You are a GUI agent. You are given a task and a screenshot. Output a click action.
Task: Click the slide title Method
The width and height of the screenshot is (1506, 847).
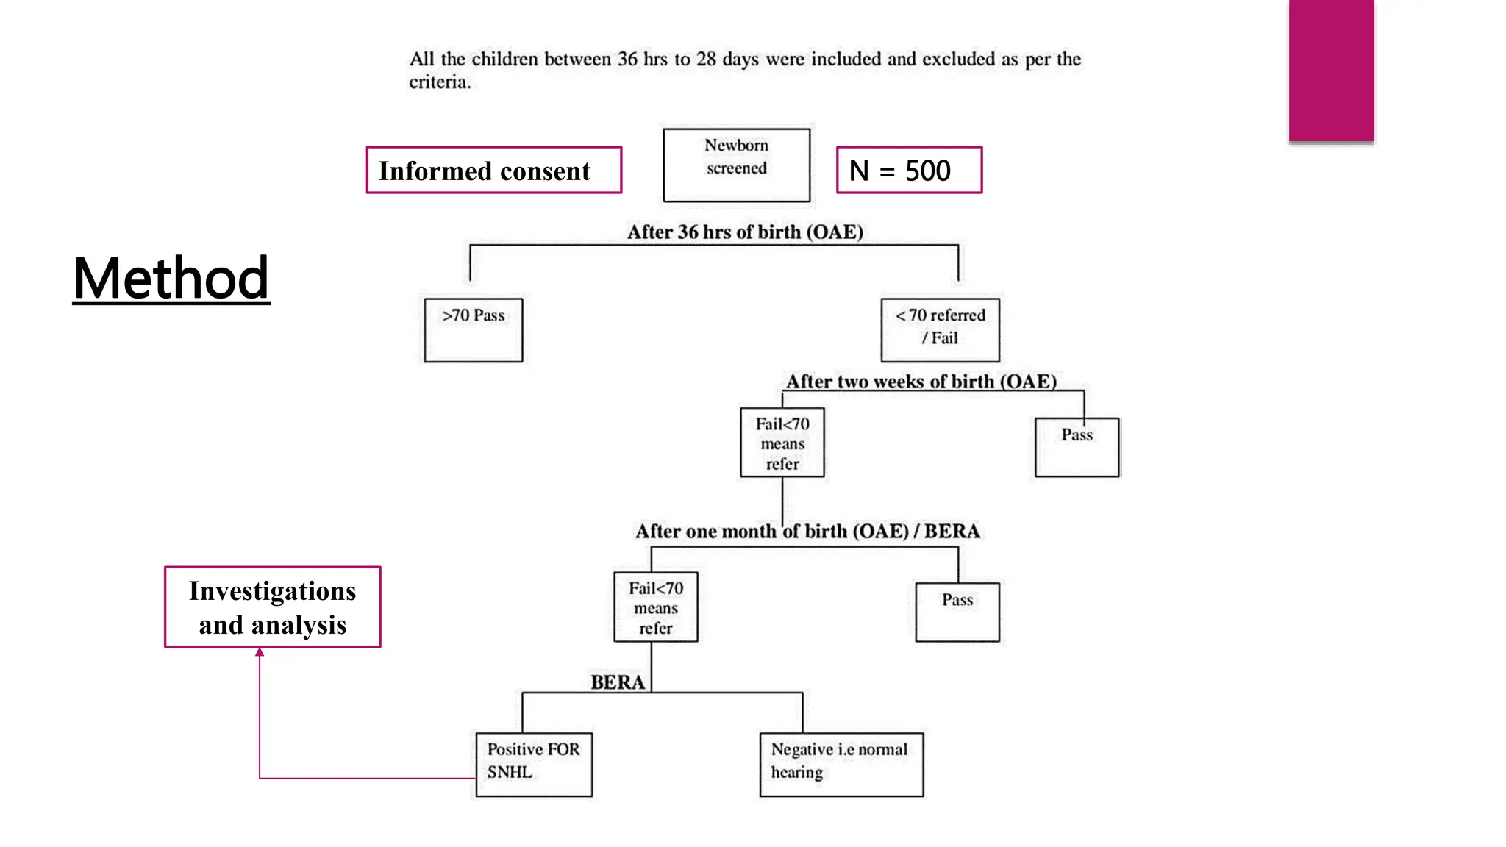click(x=171, y=279)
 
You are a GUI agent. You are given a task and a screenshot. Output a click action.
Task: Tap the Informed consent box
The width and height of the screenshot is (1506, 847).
click(x=493, y=171)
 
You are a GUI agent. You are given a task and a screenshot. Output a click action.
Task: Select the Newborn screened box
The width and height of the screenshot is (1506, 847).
click(x=736, y=165)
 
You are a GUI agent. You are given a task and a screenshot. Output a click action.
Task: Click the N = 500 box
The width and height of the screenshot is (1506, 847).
click(x=909, y=171)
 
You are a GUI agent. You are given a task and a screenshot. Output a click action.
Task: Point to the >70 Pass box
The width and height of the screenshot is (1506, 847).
click(x=474, y=330)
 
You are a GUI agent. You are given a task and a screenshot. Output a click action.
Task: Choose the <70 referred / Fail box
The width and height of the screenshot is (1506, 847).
click(x=940, y=330)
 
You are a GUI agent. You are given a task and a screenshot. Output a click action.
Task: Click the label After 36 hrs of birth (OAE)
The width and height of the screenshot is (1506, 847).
click(x=745, y=232)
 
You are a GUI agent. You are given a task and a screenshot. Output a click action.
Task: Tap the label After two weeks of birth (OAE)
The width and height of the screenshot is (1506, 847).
click(x=921, y=382)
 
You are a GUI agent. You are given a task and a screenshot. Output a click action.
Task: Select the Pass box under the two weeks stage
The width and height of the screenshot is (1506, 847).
click(x=1077, y=447)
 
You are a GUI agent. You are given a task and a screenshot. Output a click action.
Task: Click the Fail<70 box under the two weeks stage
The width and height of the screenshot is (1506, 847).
click(x=782, y=443)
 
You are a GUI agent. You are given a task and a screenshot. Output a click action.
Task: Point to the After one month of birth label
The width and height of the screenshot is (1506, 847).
click(x=807, y=532)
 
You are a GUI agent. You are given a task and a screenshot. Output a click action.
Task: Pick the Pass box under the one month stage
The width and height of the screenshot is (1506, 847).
click(x=957, y=612)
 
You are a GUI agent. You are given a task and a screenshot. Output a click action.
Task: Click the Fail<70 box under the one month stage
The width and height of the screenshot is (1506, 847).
click(x=656, y=607)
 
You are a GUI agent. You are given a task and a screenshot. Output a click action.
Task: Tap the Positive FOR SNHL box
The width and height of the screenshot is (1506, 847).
click(x=534, y=764)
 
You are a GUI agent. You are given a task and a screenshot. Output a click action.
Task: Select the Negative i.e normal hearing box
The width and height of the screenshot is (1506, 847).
click(x=841, y=764)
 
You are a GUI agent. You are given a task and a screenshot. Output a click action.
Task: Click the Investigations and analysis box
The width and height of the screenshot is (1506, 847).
click(x=273, y=607)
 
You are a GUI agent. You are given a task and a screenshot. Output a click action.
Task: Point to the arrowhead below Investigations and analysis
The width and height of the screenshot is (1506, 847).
click(x=260, y=652)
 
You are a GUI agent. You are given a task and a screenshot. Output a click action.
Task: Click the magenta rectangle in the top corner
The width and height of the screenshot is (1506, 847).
click(x=1331, y=71)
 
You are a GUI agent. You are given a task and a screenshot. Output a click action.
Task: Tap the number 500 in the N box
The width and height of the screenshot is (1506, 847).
click(x=927, y=171)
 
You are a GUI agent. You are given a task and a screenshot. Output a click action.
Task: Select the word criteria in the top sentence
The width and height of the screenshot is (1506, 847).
click(x=440, y=82)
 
